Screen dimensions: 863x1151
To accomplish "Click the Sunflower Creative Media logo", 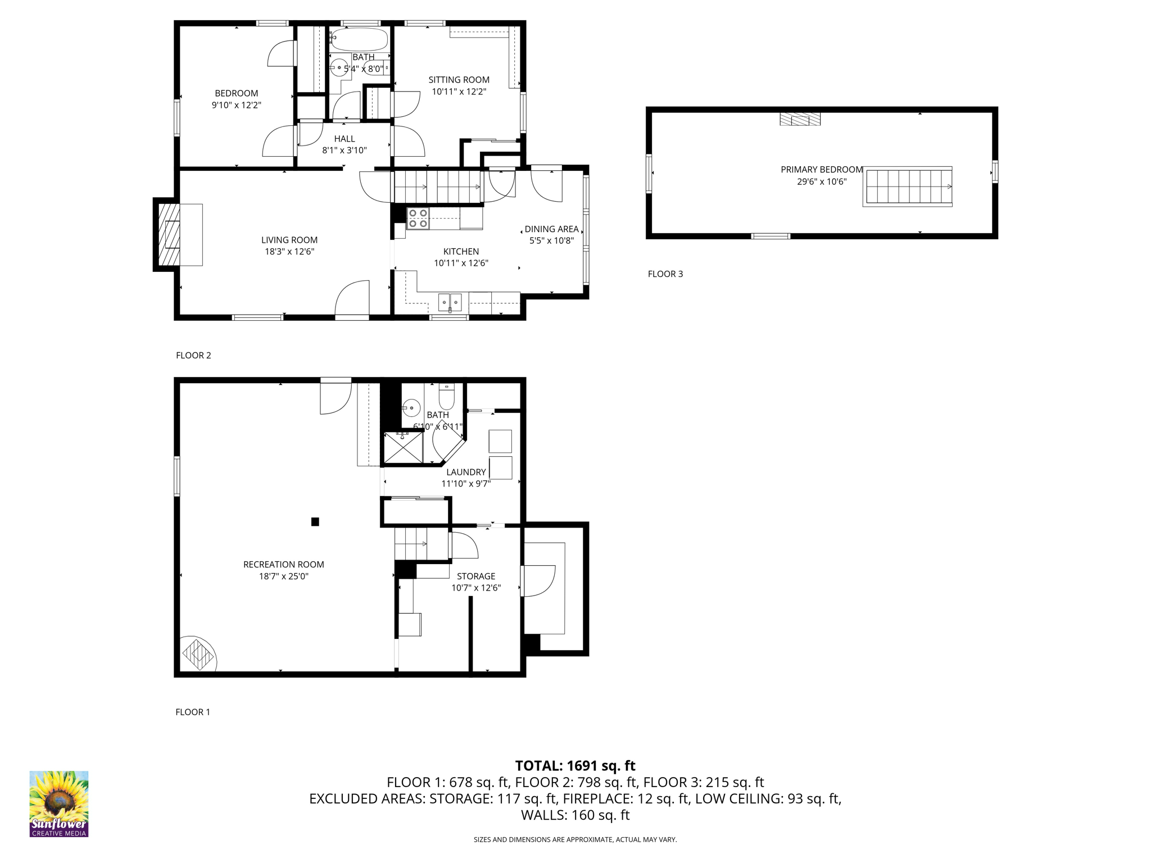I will [x=58, y=803].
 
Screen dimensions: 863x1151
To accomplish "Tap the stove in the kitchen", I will [x=418, y=219].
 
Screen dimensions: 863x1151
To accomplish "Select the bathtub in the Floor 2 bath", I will [x=360, y=40].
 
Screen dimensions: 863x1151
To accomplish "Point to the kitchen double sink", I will [x=450, y=302].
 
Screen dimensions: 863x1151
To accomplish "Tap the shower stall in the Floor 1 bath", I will [x=403, y=448].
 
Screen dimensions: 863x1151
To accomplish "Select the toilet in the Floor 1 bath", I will [x=446, y=397].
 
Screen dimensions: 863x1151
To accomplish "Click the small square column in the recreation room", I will [x=315, y=521].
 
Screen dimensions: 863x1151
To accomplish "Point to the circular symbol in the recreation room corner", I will [x=198, y=654].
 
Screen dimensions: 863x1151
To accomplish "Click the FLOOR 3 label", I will [x=665, y=274].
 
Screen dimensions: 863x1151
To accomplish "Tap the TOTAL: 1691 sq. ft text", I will [x=575, y=766].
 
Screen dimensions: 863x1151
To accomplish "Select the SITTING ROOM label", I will [x=459, y=80].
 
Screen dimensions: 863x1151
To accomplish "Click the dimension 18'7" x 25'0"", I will [x=284, y=576].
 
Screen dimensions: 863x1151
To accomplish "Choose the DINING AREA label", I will [x=551, y=229].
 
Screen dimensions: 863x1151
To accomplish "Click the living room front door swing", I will [x=353, y=298].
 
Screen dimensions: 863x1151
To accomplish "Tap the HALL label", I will [x=345, y=139].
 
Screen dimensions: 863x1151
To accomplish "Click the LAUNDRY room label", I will [x=466, y=472].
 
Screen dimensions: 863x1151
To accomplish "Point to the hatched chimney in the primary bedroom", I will [x=800, y=119].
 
